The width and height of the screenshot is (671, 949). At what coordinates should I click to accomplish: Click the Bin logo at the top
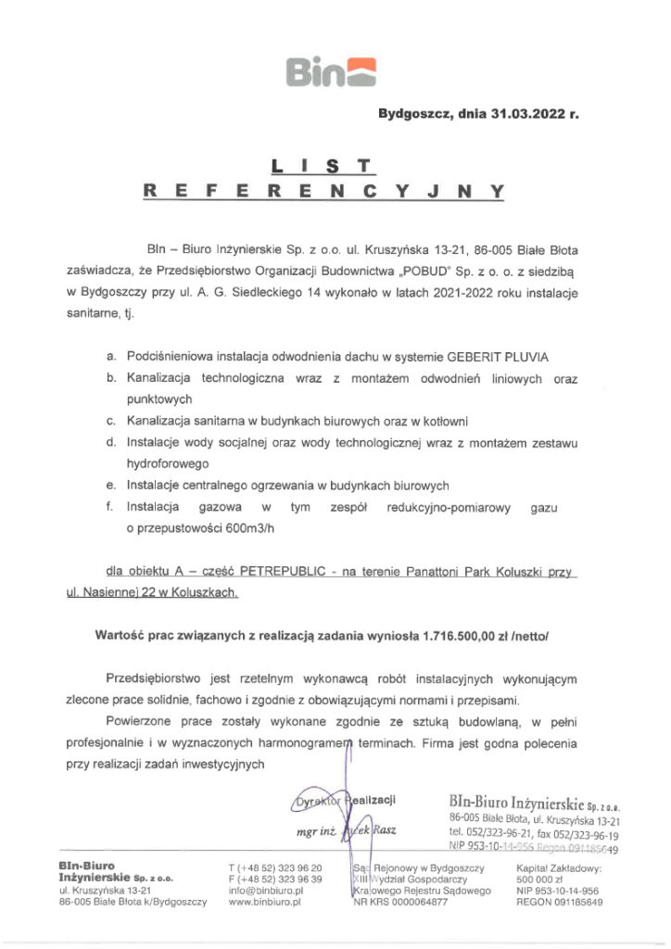point(334,70)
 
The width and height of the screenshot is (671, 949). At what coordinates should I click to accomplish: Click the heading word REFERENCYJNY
point(323,192)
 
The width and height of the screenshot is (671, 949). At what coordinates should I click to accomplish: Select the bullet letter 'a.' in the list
point(111,357)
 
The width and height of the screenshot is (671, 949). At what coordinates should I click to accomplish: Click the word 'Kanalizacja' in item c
point(158,421)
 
